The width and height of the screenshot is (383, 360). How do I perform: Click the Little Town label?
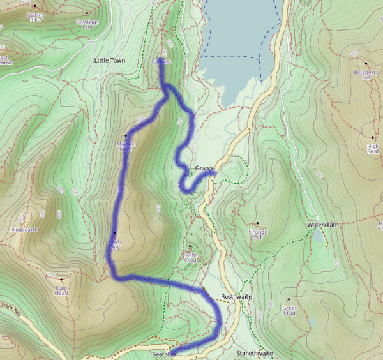click(109, 60)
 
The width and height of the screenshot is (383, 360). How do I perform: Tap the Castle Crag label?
click(190, 257)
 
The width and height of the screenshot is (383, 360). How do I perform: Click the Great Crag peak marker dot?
click(289, 298)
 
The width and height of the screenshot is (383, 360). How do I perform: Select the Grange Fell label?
click(258, 234)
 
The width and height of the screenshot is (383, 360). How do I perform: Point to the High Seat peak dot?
click(372, 137)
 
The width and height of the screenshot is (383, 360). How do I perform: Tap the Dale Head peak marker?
click(62, 279)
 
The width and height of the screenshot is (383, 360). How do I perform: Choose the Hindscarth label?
click(25, 229)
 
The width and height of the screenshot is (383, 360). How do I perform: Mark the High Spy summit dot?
click(115, 232)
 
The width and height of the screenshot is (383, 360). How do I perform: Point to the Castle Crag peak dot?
click(190, 246)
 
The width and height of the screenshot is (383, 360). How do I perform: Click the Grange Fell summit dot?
click(258, 223)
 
